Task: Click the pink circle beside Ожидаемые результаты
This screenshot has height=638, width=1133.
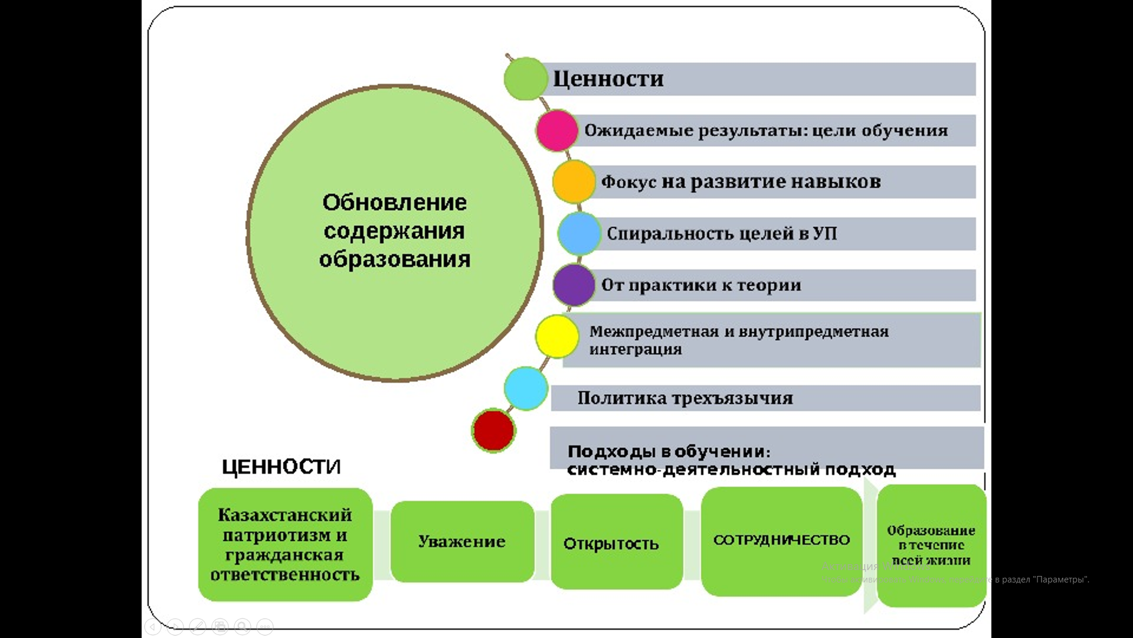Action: [x=556, y=131]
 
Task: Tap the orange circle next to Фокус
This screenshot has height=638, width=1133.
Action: [x=573, y=181]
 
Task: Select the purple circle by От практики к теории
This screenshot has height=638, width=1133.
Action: [x=574, y=285]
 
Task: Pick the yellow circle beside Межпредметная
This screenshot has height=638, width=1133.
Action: [x=556, y=337]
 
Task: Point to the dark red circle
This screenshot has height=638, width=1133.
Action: [x=493, y=431]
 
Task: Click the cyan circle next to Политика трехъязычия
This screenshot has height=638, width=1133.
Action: [x=526, y=389]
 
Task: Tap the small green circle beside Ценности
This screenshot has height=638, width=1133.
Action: [x=525, y=79]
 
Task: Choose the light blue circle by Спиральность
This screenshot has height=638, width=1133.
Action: [x=579, y=233]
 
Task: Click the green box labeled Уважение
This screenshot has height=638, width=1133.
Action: [x=462, y=542]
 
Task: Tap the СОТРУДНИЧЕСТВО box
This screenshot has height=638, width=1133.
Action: [x=781, y=541]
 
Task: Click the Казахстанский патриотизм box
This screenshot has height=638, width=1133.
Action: [x=285, y=544]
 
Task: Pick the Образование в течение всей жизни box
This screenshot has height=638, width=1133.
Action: [x=931, y=545]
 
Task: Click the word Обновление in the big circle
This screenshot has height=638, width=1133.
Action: [x=394, y=203]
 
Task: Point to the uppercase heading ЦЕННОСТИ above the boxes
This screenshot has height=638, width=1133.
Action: [x=281, y=467]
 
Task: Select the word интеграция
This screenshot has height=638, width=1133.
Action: [x=636, y=349]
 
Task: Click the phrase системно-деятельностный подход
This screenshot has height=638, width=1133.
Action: [x=731, y=470]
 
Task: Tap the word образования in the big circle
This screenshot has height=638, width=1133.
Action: [x=394, y=259]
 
